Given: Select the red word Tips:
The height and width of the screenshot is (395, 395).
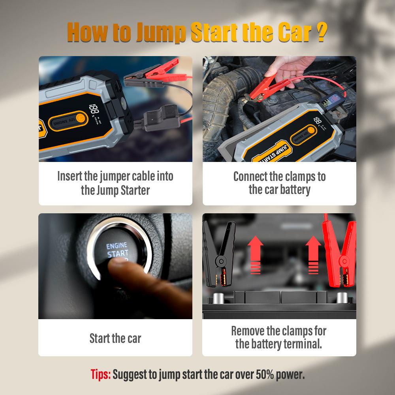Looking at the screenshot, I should point(101,374).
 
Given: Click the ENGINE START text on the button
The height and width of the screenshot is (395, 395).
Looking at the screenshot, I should point(117,250).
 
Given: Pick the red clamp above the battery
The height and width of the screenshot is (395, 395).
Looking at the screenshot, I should point(340,253).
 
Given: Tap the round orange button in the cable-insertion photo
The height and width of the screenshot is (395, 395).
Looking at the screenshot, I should point(80,118).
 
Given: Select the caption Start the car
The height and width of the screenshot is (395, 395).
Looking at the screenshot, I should point(115,338).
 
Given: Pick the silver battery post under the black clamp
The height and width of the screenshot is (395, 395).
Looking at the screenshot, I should point(218,297).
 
